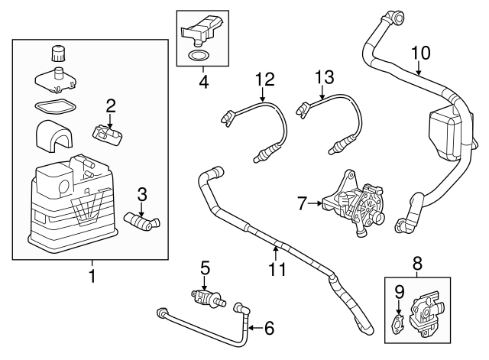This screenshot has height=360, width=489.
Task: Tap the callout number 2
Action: [111, 105]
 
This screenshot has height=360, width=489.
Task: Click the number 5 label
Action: [204, 268]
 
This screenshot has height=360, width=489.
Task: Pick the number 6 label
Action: [268, 329]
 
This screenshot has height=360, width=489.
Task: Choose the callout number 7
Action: [302, 203]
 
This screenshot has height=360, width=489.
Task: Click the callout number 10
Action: [420, 54]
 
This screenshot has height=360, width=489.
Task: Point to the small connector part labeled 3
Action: [142, 222]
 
